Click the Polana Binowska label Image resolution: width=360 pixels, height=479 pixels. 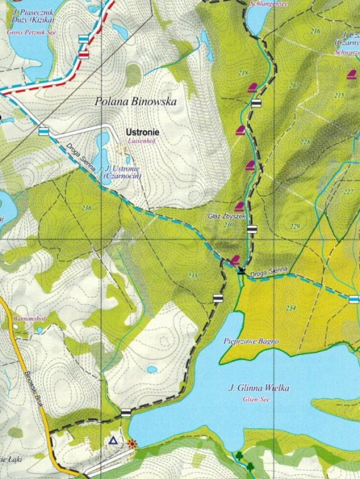click(135, 101)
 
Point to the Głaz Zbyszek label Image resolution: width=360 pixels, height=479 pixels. click(227, 217)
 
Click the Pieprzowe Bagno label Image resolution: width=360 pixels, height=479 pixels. click(251, 341)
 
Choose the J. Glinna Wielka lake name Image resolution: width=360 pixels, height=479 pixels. click(259, 388)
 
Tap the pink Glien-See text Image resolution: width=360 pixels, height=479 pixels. click(258, 399)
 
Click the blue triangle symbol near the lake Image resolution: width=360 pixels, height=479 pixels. click(113, 441)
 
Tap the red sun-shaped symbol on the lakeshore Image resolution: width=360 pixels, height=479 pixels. click(132, 443)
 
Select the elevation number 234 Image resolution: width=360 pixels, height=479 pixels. click(291, 308)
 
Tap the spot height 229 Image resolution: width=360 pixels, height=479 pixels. click(294, 227)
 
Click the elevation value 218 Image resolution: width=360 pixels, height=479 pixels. click(243, 73)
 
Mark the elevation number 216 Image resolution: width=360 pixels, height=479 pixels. click(315, 31)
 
